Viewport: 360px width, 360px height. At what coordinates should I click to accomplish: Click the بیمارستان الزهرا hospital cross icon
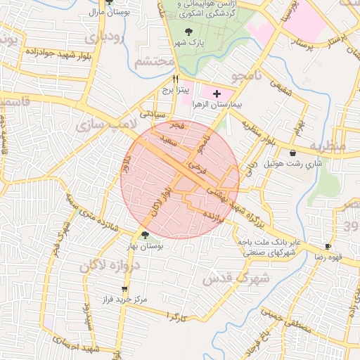click(216, 93)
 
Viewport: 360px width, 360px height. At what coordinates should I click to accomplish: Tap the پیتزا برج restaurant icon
click(176, 79)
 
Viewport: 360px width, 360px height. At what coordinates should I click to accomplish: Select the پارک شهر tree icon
click(188, 32)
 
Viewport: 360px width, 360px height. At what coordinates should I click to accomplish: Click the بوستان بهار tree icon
click(145, 236)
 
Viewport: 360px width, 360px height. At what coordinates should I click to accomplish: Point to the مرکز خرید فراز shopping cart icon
click(124, 289)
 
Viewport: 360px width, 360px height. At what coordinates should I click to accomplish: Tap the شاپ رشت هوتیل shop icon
click(292, 153)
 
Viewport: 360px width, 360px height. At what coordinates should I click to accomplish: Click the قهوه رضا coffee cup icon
click(328, 246)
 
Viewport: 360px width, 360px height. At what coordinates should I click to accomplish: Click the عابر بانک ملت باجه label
click(268, 241)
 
